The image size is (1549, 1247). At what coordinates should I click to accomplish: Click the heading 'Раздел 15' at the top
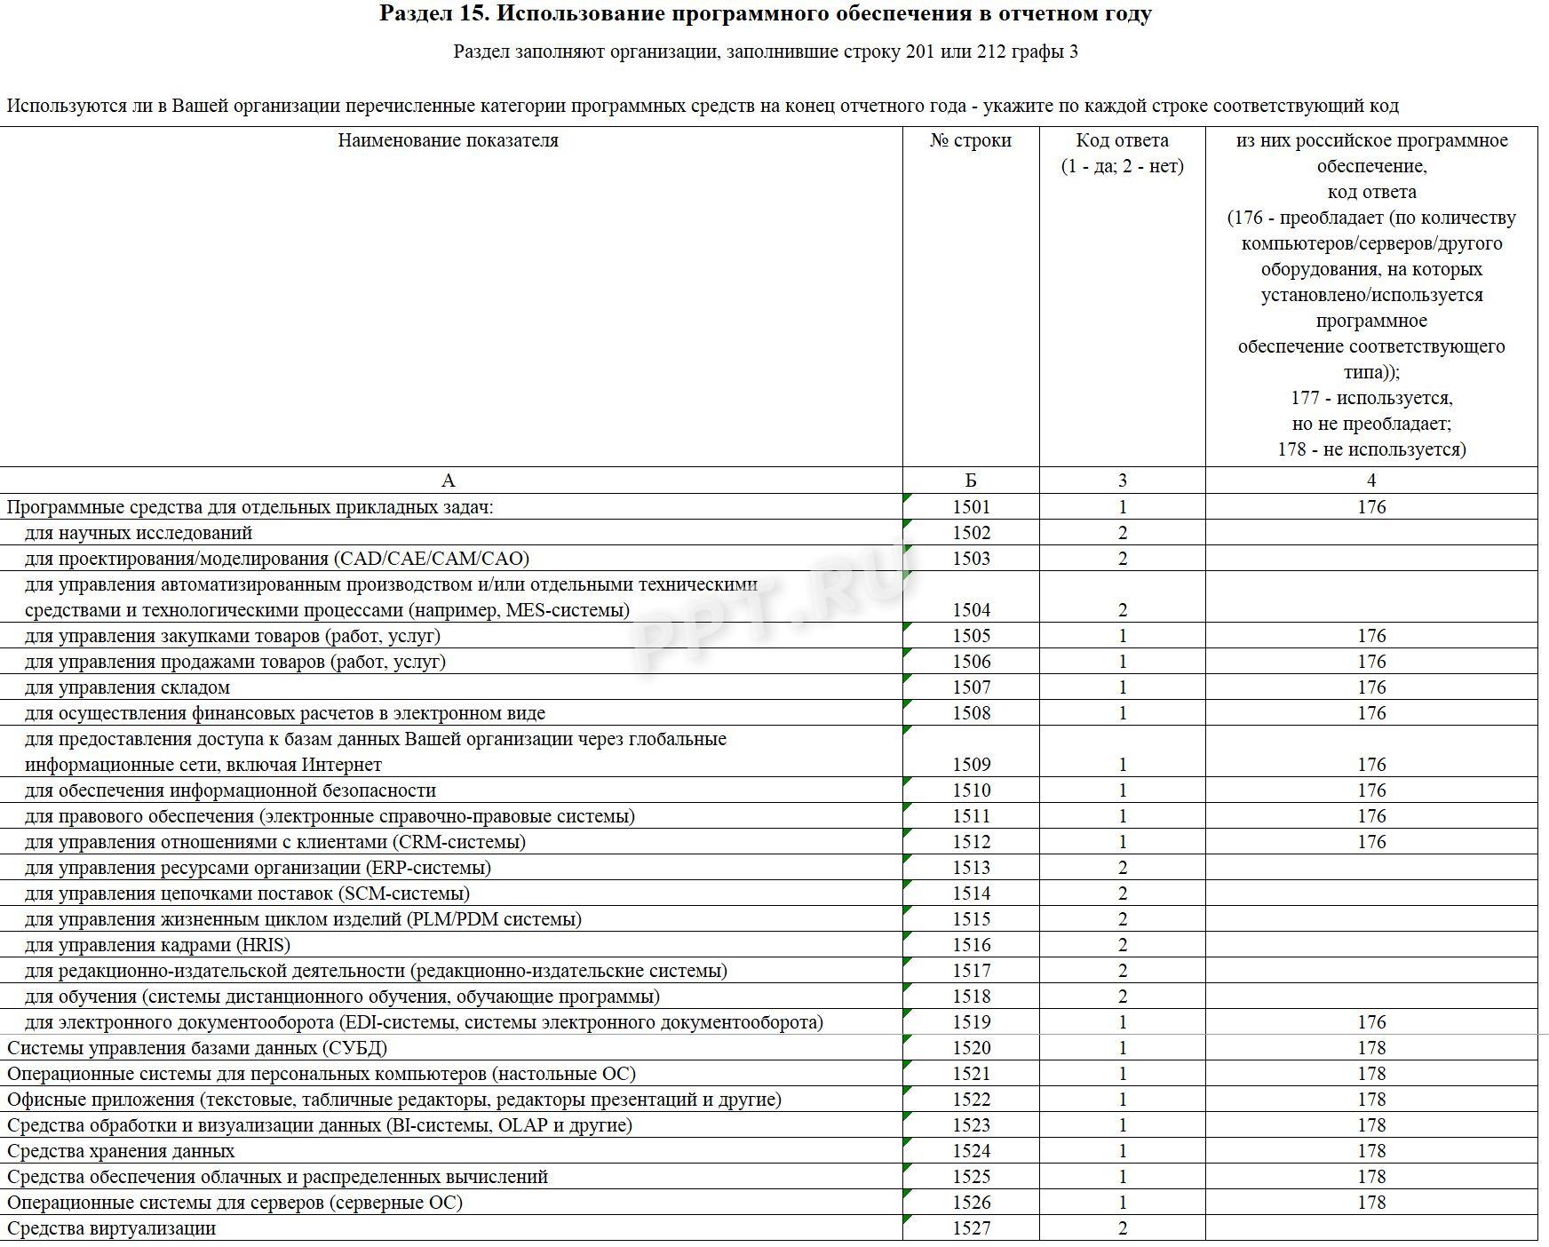coord(766,14)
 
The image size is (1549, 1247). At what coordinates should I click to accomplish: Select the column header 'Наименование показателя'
coord(448,140)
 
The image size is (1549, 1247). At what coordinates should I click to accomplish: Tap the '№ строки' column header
coord(971,140)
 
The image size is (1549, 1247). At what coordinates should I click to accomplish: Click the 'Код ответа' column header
coord(1122,140)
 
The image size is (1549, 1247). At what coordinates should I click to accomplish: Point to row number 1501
coord(971,507)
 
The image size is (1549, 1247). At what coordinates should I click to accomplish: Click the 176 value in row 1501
coord(1370,507)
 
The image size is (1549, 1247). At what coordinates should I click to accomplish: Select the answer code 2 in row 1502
coord(1123,533)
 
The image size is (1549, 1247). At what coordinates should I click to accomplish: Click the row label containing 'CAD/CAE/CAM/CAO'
coord(277,559)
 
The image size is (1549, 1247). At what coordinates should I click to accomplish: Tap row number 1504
coord(971,610)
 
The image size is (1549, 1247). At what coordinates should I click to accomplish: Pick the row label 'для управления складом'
coord(127,687)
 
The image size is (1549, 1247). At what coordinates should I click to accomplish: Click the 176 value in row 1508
coord(1370,713)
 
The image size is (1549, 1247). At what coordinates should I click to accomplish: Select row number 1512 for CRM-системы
coord(971,842)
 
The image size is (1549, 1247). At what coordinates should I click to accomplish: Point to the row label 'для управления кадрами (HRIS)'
coord(157,945)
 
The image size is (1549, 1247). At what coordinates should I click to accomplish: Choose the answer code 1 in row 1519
coord(1123,1022)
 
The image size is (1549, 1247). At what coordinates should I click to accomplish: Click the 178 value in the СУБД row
coord(1370,1048)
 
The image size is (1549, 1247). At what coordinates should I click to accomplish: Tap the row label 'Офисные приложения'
coord(100,1100)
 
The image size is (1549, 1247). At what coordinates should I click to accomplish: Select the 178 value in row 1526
coord(1370,1203)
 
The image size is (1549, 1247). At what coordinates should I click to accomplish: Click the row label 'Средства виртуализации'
coord(111,1228)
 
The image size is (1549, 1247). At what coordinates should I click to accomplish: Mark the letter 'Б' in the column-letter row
coord(971,481)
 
